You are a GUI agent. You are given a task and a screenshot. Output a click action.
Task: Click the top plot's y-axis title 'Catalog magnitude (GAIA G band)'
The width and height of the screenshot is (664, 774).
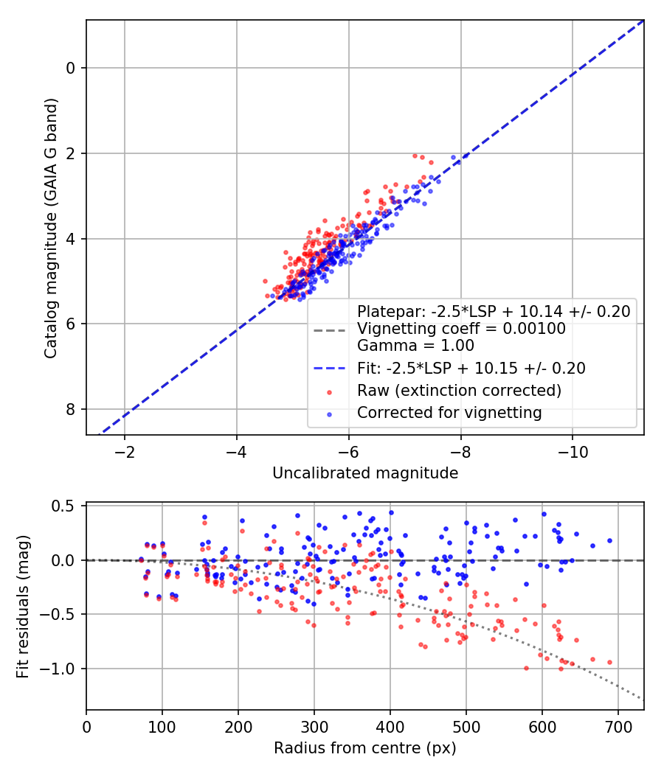coord(50,227)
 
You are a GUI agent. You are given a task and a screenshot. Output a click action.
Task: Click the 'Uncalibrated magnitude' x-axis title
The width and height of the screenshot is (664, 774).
coord(365,473)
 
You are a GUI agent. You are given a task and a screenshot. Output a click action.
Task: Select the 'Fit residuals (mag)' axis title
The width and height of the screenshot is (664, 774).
coord(23,606)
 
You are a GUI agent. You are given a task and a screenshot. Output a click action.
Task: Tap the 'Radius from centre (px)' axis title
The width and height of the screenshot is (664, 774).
coord(365,748)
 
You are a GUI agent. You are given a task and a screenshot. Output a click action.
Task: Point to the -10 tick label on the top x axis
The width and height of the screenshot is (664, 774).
coord(573,451)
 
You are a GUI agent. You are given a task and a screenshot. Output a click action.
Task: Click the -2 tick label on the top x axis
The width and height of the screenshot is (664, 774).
coord(124,451)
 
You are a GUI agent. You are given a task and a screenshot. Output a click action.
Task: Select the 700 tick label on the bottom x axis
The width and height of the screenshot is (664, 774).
coord(617,726)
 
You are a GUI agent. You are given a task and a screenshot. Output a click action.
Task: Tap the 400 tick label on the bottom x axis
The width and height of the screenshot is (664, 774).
coord(390,726)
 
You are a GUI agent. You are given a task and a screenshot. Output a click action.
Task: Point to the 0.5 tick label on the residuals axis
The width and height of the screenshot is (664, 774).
coord(66,506)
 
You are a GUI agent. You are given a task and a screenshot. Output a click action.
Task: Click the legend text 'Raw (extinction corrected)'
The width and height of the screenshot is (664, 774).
coord(459,390)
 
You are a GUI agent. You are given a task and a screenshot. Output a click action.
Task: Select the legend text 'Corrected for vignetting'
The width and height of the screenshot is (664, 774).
coord(449,413)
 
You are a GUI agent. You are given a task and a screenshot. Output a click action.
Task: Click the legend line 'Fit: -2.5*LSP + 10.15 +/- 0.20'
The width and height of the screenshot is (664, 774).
coord(331,368)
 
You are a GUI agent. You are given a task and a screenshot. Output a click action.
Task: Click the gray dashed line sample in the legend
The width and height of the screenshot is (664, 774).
coord(331,329)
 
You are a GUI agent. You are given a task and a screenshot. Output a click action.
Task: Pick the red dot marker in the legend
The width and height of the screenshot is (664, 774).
coord(331,391)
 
